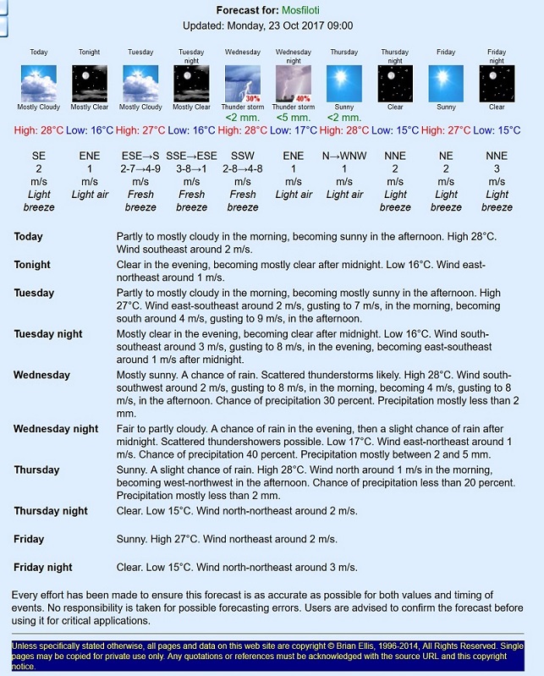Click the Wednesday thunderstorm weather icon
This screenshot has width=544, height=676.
coord(242,84)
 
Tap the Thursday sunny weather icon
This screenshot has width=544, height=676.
coord(343,84)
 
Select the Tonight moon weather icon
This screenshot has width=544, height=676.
coord(89,84)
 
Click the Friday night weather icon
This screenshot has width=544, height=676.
coord(497,84)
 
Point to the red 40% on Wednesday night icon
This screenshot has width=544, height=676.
coord(303,98)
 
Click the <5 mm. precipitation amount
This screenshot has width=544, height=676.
coord(293,118)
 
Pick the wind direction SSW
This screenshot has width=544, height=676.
coord(242,157)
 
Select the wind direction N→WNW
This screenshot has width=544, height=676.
coord(344,157)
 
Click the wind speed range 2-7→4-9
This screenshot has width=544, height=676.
coord(140,169)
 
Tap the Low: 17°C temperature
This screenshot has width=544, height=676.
coord(293,130)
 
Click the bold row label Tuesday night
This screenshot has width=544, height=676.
coord(48,334)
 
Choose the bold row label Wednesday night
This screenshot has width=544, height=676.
coord(56,429)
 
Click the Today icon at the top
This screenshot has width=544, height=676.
coord(39,84)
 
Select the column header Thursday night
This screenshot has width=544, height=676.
coord(395,56)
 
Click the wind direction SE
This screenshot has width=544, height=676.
coord(39,157)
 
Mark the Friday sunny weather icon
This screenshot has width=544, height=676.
coord(446,84)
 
